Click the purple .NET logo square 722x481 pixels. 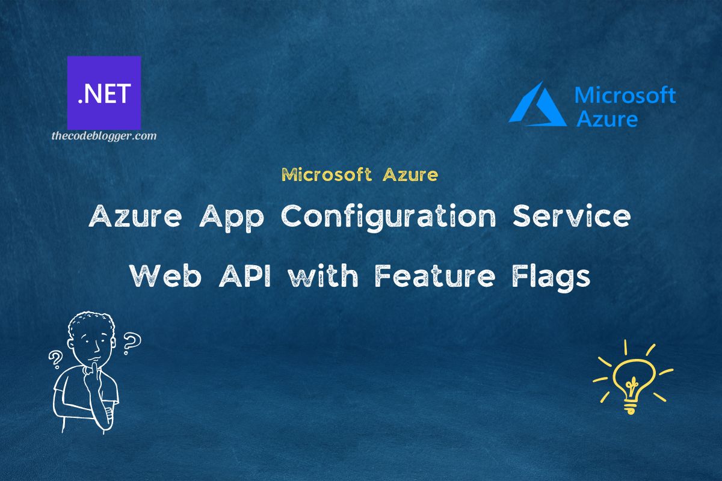pyautogui.click(x=104, y=93)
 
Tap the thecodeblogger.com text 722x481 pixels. pyautogui.click(x=104, y=136)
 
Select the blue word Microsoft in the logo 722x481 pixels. pyautogui.click(x=625, y=96)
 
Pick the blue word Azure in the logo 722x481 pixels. pyautogui.click(x=606, y=118)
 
